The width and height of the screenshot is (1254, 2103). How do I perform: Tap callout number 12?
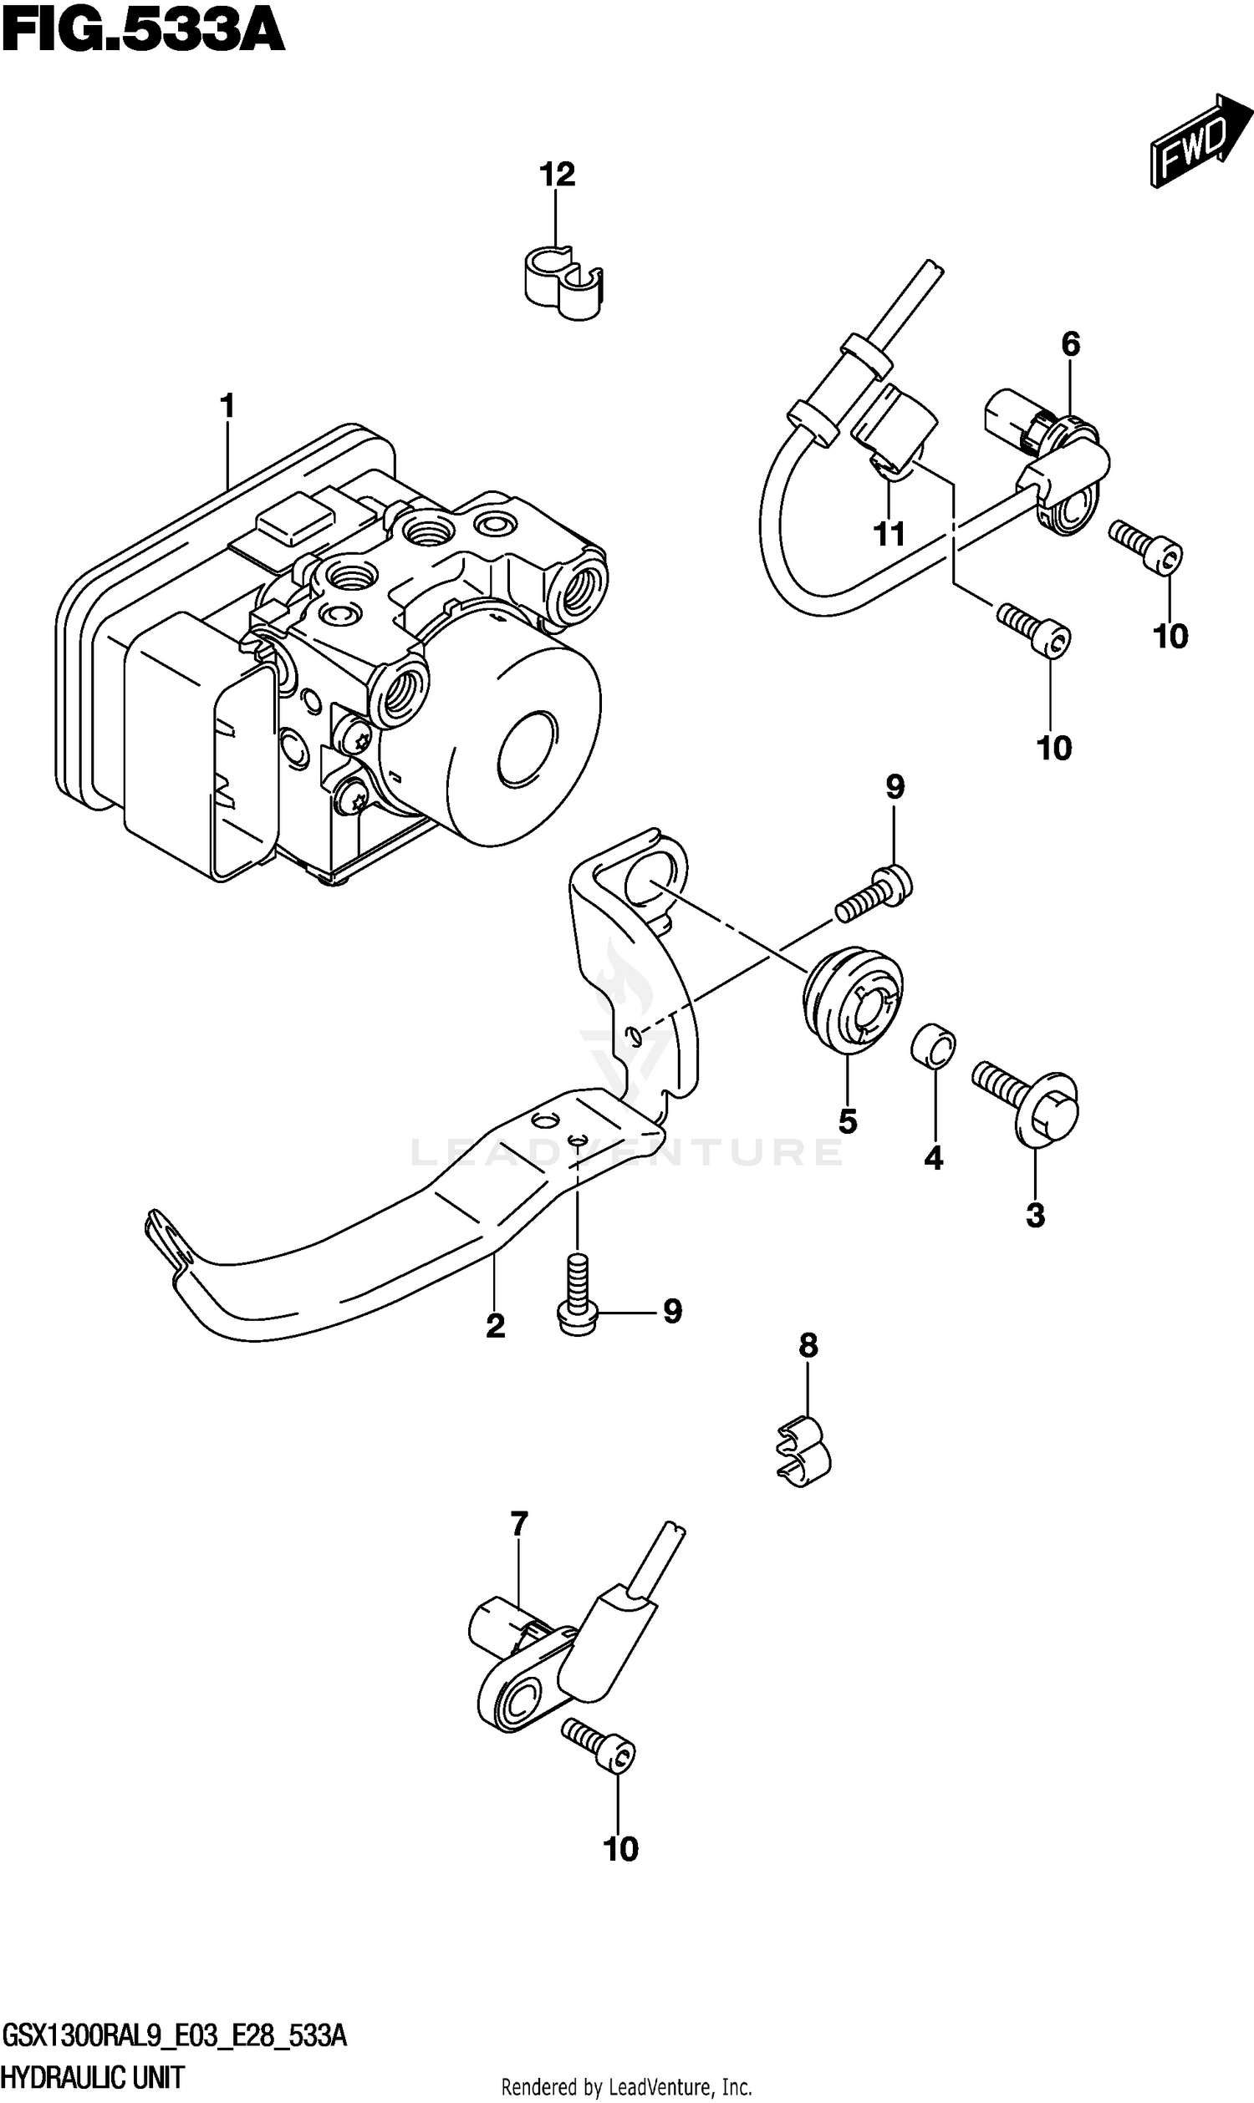[557, 174]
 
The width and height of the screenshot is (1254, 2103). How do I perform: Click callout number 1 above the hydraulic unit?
[227, 406]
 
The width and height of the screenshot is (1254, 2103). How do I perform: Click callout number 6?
[1070, 343]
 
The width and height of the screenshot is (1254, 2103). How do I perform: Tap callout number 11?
[889, 534]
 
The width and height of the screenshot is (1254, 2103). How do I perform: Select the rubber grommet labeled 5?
[852, 1001]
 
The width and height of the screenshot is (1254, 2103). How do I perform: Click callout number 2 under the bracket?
[495, 1325]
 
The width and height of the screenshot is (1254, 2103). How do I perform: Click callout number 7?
[519, 1525]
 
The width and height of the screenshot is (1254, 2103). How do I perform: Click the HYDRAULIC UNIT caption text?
[92, 2077]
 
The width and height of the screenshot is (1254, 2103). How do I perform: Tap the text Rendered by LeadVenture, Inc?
[626, 2087]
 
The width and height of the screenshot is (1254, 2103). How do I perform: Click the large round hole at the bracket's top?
[651, 881]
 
